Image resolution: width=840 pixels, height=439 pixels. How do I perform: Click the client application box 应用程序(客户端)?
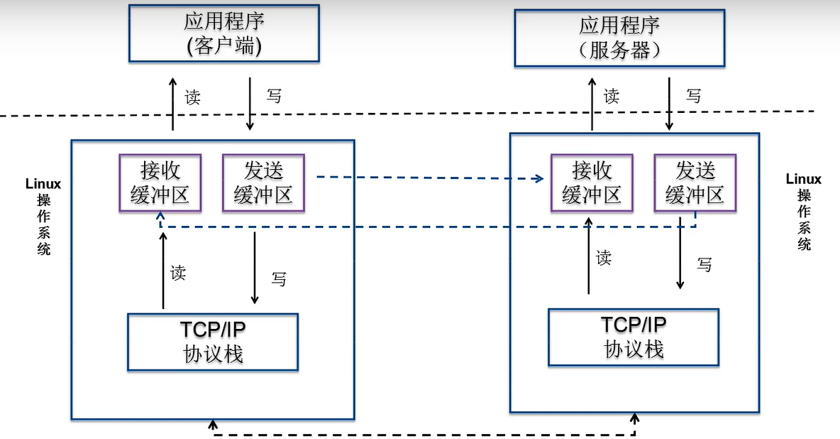coord(223,33)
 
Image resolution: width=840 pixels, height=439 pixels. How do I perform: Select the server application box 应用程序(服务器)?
coord(619,38)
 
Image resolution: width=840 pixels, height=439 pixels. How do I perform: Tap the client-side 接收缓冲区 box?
coord(160,183)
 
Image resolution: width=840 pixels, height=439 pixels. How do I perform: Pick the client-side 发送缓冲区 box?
coord(263,183)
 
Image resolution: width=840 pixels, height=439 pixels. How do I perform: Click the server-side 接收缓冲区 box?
coord(592,183)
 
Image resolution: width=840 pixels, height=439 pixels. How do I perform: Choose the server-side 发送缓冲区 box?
coord(695,183)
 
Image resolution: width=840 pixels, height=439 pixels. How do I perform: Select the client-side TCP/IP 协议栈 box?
coord(213,342)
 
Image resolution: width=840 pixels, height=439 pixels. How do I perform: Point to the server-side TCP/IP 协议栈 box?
coord(634,337)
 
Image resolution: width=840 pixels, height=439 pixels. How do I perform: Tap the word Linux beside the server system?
coord(803,180)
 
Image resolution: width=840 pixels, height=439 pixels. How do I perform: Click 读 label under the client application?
coord(192,97)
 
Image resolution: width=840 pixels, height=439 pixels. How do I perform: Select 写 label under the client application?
coord(274,96)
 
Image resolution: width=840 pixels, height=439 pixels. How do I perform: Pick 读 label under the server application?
coord(612,96)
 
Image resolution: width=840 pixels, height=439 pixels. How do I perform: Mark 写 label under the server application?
coord(693,96)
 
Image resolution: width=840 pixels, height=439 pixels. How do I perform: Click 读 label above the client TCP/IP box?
coord(178,272)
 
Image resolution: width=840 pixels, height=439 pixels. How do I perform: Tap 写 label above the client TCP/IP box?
coord(279,278)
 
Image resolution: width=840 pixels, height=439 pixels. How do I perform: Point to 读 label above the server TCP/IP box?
coord(604,257)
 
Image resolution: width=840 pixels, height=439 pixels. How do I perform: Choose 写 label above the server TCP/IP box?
coord(704,264)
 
